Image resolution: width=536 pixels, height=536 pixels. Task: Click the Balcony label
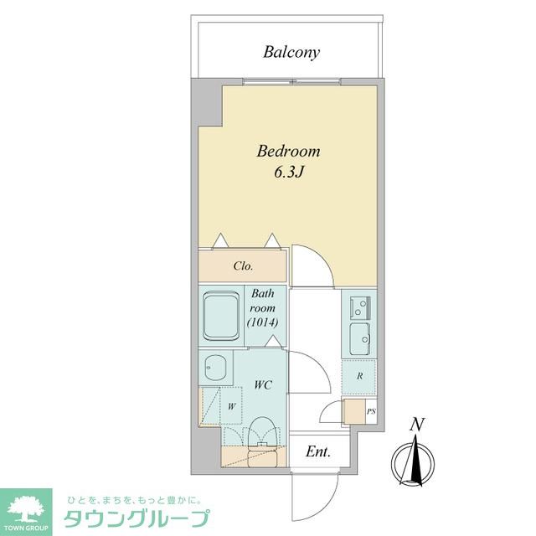(291, 53)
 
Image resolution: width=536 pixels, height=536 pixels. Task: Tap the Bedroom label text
(289, 152)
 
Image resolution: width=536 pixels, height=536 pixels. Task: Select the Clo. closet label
(244, 266)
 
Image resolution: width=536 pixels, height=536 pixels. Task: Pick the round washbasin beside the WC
(215, 368)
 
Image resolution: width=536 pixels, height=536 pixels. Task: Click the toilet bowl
(263, 431)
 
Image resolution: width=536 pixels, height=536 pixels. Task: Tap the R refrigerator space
(359, 376)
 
